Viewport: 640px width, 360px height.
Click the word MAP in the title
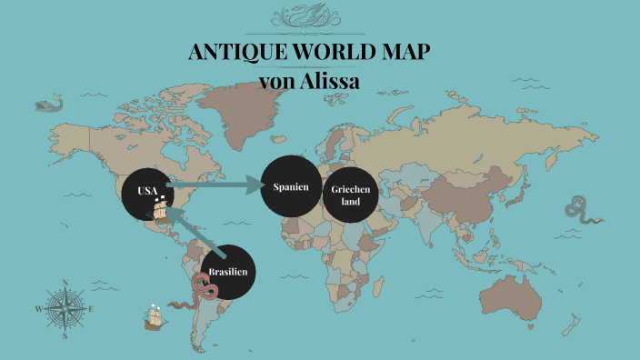404,53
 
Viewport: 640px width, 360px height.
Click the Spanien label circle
291,187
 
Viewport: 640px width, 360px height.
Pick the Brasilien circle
227,272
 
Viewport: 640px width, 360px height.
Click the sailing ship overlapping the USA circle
161,210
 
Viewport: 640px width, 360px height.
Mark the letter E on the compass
91,308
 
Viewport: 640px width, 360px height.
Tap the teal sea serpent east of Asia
582,215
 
